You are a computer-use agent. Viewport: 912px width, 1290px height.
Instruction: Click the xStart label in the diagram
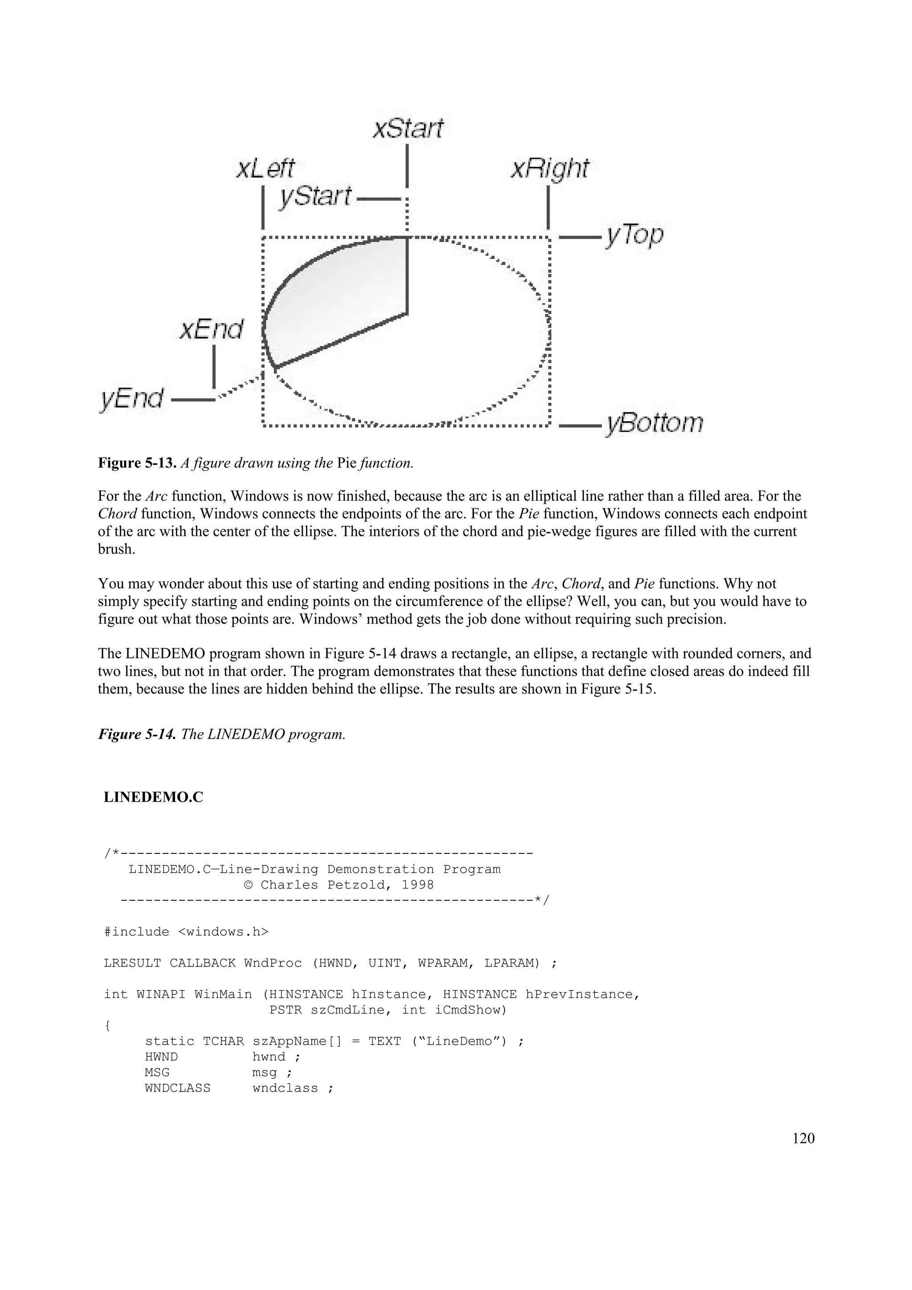[x=408, y=129]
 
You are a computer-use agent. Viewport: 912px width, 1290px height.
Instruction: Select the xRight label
[x=550, y=169]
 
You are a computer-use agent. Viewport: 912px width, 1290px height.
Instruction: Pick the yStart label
[x=315, y=197]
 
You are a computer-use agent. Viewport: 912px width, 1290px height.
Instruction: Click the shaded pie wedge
[x=337, y=304]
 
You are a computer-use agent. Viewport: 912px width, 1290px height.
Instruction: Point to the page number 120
[x=803, y=1138]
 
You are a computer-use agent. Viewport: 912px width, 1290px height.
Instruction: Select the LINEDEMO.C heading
[x=153, y=797]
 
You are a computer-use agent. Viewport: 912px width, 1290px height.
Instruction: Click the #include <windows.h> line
[x=187, y=932]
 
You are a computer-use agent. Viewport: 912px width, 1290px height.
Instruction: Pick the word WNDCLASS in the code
[x=178, y=1088]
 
